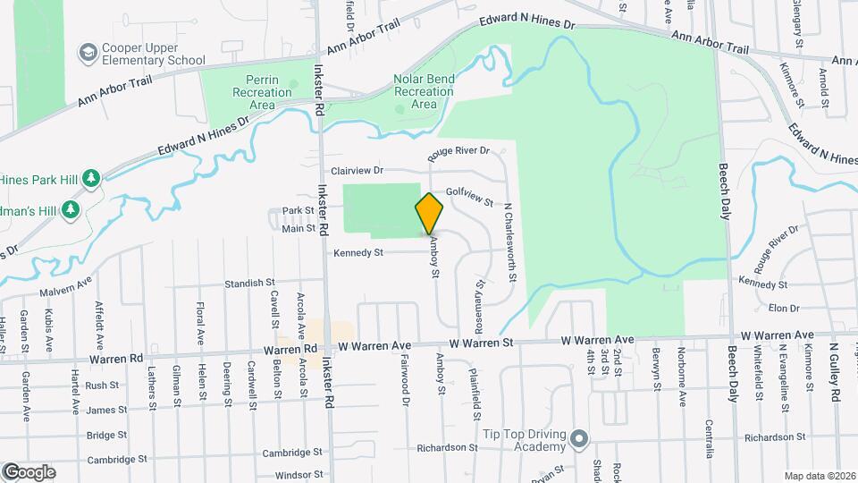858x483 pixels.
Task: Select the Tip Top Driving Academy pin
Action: [579, 438]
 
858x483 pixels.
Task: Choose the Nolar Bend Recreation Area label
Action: [424, 91]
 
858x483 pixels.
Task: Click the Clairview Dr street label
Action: [357, 170]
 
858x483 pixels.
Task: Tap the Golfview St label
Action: [469, 196]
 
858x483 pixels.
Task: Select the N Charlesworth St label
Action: [510, 241]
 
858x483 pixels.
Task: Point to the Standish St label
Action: [249, 283]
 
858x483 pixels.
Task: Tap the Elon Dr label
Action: [783, 308]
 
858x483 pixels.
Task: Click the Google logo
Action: [29, 471]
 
